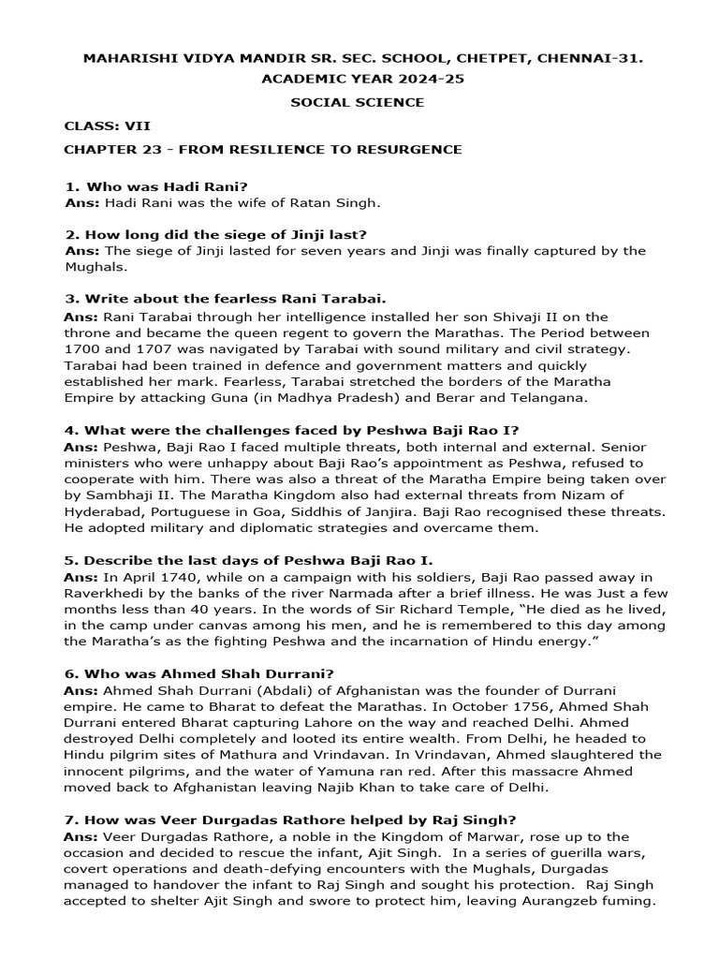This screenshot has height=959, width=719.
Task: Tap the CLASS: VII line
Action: click(107, 125)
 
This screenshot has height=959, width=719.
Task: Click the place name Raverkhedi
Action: click(105, 593)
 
